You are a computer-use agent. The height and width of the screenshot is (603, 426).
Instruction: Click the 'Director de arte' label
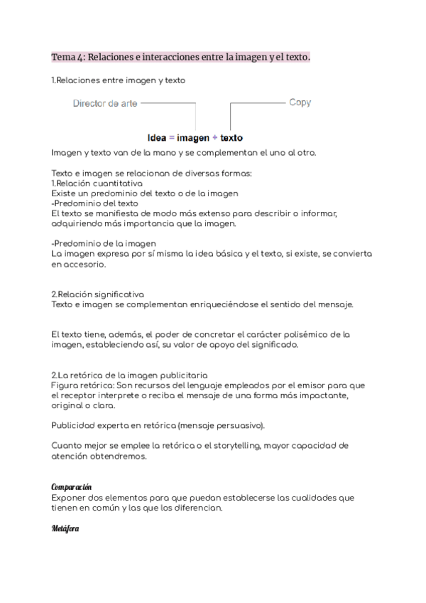point(105,103)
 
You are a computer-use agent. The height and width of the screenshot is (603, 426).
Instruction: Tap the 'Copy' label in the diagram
point(300,102)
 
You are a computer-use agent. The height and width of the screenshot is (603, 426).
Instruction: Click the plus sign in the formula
point(215,137)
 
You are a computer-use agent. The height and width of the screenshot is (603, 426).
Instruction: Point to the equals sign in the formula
point(171,137)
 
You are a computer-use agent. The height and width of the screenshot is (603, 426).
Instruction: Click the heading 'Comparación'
point(72,486)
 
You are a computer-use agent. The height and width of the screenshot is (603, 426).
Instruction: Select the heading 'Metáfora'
point(65,528)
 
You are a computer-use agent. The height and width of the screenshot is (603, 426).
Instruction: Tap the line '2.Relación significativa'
point(98,294)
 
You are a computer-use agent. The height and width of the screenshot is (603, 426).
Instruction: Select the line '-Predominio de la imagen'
point(104,243)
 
